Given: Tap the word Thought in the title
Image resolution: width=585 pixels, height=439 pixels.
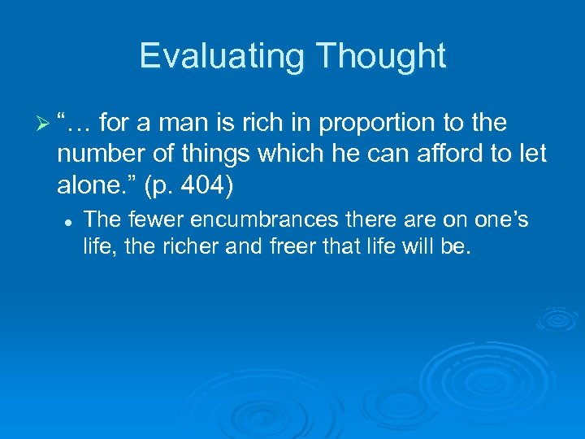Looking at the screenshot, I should (x=382, y=56).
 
